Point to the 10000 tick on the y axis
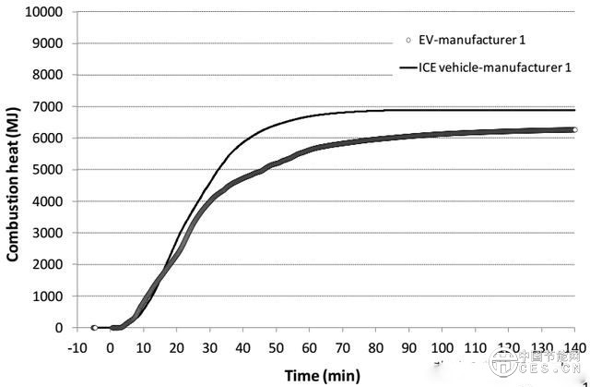[43, 12]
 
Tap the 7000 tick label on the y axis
[47, 106]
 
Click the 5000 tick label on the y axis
[47, 170]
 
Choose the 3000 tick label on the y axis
[47, 233]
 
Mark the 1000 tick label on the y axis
[47, 296]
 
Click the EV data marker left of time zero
[94, 327]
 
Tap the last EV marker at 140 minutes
[574, 130]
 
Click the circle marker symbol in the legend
[405, 41]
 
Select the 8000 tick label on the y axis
[47, 75]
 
